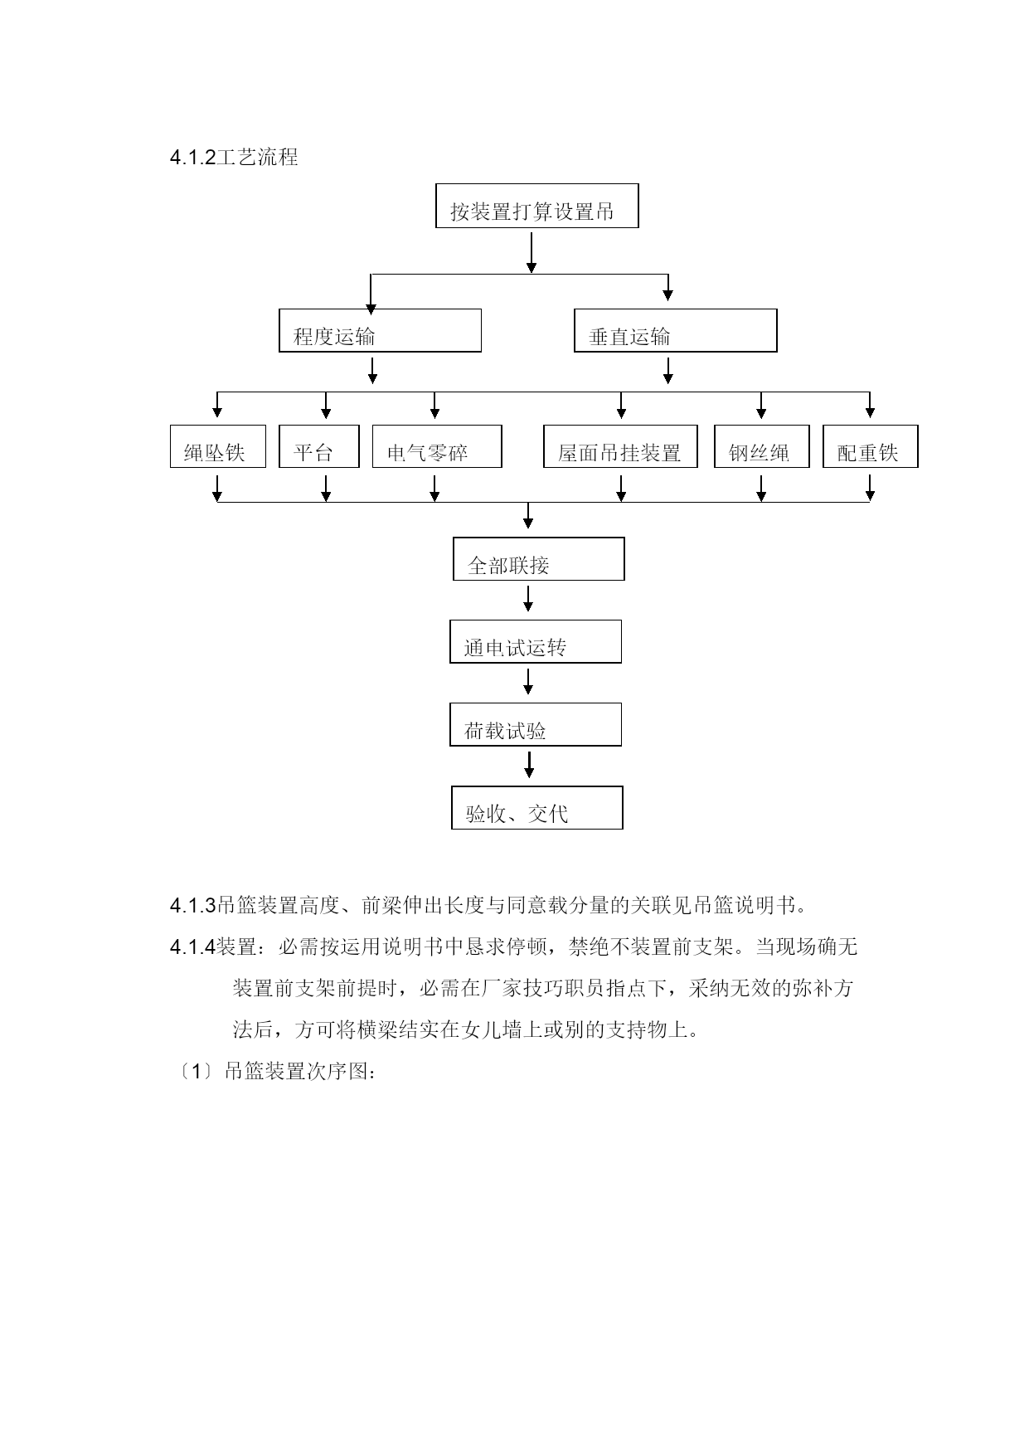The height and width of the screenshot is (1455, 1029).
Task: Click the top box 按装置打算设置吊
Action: pyautogui.click(x=536, y=206)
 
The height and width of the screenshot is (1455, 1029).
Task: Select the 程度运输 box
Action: pyautogui.click(x=380, y=330)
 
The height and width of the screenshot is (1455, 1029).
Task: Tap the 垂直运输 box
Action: pyautogui.click(x=675, y=330)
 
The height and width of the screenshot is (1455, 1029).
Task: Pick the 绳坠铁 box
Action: pyautogui.click(x=218, y=446)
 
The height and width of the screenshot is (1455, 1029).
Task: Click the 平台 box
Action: pyautogui.click(x=319, y=446)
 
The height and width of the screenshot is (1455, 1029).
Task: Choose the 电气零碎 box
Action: pyautogui.click(x=437, y=446)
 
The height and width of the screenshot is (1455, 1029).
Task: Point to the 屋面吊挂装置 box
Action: pyautogui.click(x=620, y=446)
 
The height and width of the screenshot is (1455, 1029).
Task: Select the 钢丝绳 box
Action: pyautogui.click(x=762, y=446)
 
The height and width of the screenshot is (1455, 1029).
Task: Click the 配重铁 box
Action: pyautogui.click(x=871, y=446)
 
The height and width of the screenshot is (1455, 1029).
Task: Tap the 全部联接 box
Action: pyautogui.click(x=538, y=558)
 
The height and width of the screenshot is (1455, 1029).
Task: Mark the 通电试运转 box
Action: pyautogui.click(x=536, y=641)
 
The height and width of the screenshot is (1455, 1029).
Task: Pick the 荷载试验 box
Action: pyautogui.click(x=536, y=724)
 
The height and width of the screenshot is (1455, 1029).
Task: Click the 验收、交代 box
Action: pyautogui.click(x=537, y=807)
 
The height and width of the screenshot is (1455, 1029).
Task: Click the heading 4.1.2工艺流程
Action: pyautogui.click(x=234, y=158)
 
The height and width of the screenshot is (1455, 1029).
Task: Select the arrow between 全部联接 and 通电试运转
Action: pyautogui.click(x=528, y=599)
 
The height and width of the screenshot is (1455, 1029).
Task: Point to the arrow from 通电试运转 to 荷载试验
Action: pyautogui.click(x=528, y=682)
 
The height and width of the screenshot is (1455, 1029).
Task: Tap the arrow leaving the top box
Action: pyautogui.click(x=531, y=252)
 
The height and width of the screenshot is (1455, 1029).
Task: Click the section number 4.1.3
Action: pyautogui.click(x=192, y=905)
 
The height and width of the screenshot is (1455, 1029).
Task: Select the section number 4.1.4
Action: pyautogui.click(x=192, y=946)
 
